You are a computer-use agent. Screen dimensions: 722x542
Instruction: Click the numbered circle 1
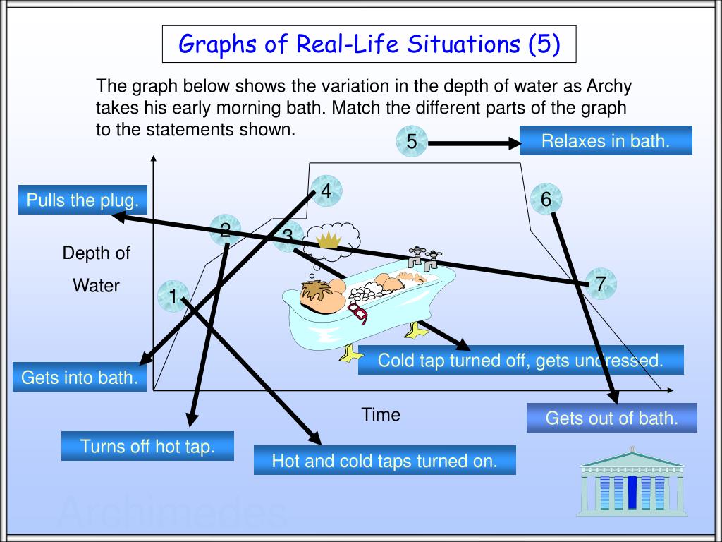tap(173, 297)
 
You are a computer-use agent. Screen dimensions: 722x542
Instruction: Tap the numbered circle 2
tap(225, 230)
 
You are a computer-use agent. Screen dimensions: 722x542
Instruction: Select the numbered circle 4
tap(325, 191)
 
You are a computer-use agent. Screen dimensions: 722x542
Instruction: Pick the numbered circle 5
tap(412, 143)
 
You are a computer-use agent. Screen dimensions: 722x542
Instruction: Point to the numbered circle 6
tap(546, 200)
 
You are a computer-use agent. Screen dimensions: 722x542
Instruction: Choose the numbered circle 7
tap(600, 284)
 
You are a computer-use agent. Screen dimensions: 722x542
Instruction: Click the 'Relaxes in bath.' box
tap(605, 141)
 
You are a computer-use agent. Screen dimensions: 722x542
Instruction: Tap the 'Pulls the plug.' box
tap(82, 200)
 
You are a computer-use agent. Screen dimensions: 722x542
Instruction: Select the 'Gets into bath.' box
tap(79, 377)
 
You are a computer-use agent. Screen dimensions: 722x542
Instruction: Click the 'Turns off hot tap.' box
tap(147, 446)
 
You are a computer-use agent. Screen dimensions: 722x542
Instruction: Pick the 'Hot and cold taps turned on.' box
tap(384, 461)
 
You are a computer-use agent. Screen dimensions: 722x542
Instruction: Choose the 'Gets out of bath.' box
tap(611, 418)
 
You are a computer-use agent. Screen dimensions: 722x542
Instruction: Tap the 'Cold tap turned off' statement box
tap(520, 361)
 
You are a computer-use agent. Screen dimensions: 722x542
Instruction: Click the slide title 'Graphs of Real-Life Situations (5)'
tap(369, 44)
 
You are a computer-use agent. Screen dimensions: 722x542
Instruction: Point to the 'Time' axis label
tap(381, 415)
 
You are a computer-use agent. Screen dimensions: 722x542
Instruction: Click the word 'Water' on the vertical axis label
tap(97, 286)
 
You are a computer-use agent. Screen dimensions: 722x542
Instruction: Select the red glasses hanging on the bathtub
tap(358, 313)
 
